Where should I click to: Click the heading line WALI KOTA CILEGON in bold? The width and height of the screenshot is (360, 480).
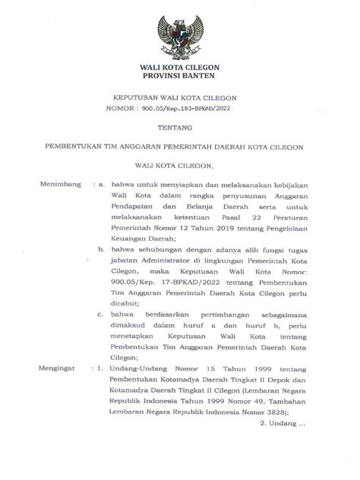(x=180, y=68)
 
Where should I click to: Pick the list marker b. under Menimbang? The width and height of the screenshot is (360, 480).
(x=99, y=270)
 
